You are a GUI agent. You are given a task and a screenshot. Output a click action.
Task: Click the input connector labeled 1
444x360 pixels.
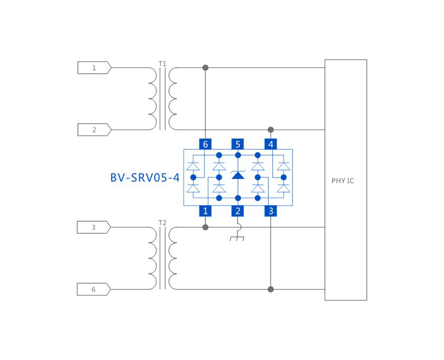(94, 68)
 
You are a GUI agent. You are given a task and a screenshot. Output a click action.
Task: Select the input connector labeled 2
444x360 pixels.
(94, 130)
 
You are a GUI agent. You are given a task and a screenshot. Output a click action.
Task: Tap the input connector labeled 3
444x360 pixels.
(93, 227)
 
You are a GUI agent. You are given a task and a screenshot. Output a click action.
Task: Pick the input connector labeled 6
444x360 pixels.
(93, 289)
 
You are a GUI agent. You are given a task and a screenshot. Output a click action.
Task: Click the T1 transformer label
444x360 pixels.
(162, 63)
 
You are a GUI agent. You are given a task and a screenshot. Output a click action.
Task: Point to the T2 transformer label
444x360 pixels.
(162, 222)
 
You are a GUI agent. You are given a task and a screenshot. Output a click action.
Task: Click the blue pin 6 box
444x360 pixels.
(205, 144)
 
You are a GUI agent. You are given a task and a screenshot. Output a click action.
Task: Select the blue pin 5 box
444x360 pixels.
(238, 144)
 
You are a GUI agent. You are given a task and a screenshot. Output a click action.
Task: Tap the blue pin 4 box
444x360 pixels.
(271, 144)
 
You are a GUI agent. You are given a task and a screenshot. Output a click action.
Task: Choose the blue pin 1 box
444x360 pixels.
(205, 211)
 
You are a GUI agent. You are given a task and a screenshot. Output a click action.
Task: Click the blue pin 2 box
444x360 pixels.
(238, 211)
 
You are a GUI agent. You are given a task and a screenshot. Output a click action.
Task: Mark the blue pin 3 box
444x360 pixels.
(271, 211)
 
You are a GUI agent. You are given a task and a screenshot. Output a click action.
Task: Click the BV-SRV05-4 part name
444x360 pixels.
(145, 178)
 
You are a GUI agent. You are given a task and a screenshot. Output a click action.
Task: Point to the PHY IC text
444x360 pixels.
(343, 181)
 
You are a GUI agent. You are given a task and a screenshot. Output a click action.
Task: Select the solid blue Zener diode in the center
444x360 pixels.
(238, 175)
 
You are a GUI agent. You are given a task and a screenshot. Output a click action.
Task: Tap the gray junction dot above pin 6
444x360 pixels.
(205, 68)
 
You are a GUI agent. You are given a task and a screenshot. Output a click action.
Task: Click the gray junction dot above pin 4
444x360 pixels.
(271, 130)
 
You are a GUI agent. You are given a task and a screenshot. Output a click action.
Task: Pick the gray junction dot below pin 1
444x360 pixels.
(205, 227)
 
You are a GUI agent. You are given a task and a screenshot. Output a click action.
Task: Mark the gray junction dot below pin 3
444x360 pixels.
(271, 289)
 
